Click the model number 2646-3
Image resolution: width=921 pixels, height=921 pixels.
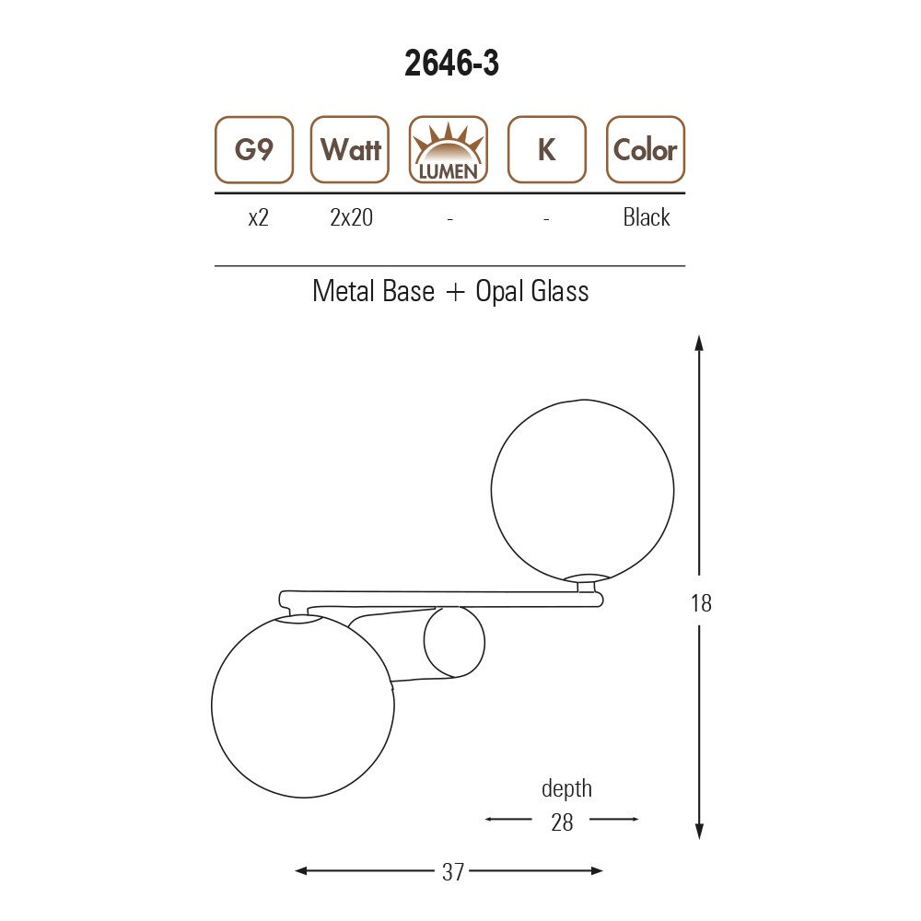(451, 63)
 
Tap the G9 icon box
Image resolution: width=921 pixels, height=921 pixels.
(254, 150)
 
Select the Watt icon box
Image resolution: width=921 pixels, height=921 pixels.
(350, 150)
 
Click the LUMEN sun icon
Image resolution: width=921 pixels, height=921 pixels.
(449, 150)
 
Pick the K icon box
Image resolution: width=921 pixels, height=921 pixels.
(547, 150)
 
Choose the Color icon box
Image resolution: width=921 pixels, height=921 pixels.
(646, 150)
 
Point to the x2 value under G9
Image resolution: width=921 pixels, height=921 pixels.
(259, 218)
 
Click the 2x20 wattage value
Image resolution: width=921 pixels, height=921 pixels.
(351, 217)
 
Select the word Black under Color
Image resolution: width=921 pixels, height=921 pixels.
(647, 217)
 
